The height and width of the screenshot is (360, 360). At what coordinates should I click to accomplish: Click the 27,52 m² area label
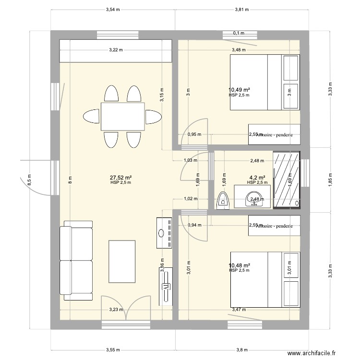click(120, 177)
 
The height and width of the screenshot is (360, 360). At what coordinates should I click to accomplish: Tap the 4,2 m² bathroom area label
click(257, 177)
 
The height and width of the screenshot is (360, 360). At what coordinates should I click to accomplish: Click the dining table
click(122, 116)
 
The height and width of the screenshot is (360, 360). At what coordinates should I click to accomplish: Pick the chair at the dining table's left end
click(92, 116)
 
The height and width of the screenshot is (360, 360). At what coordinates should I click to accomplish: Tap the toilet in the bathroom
click(223, 201)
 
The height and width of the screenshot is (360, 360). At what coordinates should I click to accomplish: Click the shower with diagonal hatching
click(287, 180)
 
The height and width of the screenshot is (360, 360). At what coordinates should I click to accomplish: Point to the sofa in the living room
click(76, 260)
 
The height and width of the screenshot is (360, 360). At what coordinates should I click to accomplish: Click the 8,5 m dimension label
click(29, 180)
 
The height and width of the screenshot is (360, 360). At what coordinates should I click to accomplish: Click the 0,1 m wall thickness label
click(239, 33)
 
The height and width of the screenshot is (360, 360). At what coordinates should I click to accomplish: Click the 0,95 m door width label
click(194, 135)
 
